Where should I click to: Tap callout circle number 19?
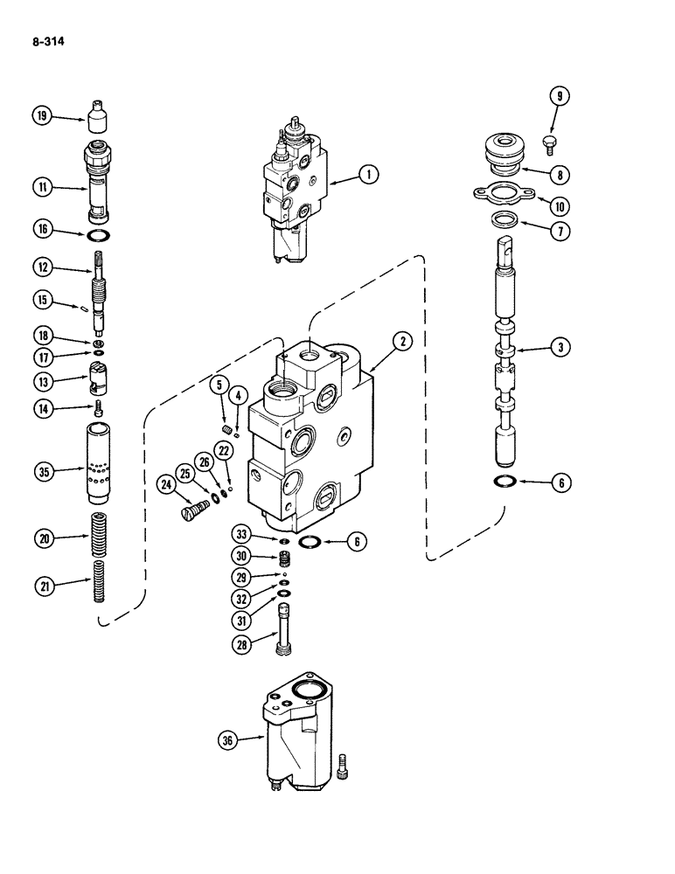click(41, 115)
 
